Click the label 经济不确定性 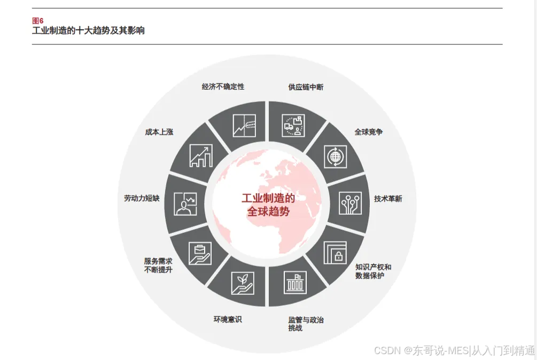pyautogui.click(x=223, y=87)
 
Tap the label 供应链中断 pyautogui.click(x=306, y=87)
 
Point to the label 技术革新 pyautogui.click(x=388, y=199)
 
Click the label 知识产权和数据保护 pyautogui.click(x=373, y=271)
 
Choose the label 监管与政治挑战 pyautogui.click(x=306, y=324)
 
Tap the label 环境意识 pyautogui.click(x=228, y=319)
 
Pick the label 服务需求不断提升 pyautogui.click(x=158, y=265)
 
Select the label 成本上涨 pyautogui.click(x=159, y=132)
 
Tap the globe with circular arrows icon pyautogui.click(x=335, y=156)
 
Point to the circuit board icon pyautogui.click(x=350, y=202)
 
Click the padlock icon pyautogui.click(x=335, y=253)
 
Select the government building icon pyautogui.click(x=293, y=282)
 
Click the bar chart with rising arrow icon pyautogui.click(x=201, y=156)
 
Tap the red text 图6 pyautogui.click(x=38, y=21)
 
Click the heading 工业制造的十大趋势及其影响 pyautogui.click(x=88, y=30)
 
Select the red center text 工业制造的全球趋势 pyautogui.click(x=268, y=205)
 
